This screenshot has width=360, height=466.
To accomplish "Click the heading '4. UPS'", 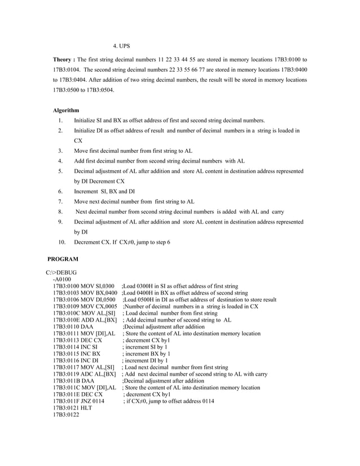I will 122,45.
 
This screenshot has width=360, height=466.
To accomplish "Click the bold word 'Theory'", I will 62,59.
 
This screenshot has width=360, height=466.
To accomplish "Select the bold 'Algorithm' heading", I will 66,110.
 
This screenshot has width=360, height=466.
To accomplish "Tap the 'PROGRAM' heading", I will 63,259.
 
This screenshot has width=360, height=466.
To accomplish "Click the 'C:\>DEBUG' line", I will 62,272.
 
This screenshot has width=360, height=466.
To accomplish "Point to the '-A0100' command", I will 62,279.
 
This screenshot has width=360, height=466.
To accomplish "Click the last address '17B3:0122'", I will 66,415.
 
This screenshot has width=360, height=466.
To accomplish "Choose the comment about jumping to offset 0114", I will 169,401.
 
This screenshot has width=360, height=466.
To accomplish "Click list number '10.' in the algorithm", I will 62,242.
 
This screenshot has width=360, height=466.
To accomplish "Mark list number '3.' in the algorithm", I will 60,151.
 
